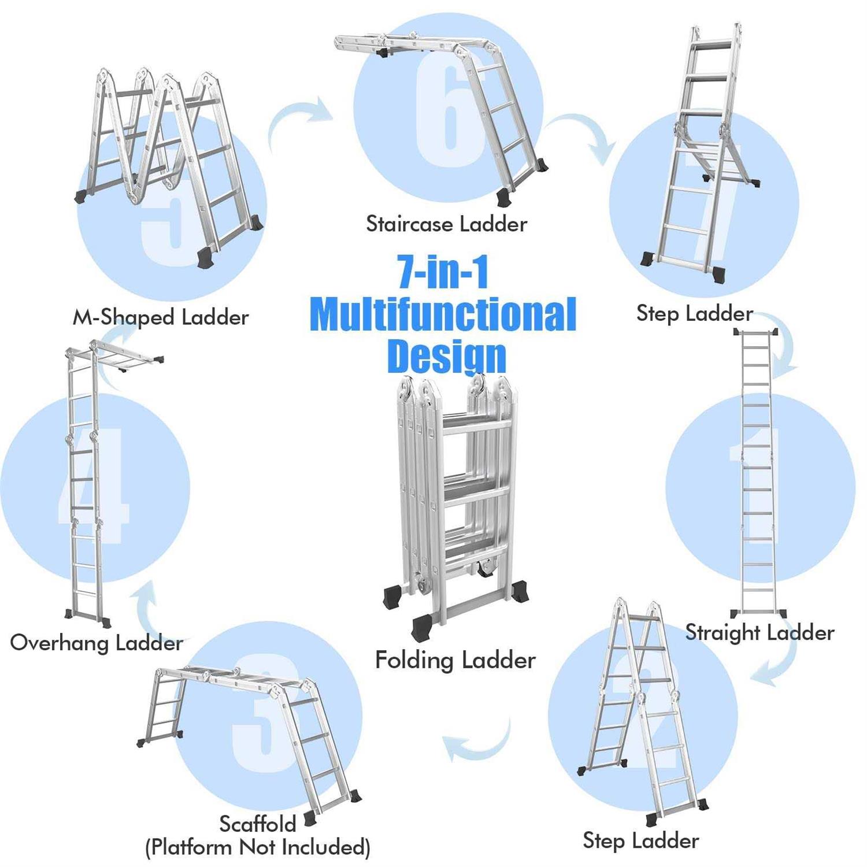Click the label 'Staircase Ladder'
tap(446, 224)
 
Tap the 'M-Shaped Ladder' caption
tap(161, 317)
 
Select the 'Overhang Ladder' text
tap(97, 643)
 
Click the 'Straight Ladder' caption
tap(759, 632)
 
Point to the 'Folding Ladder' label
tap(455, 659)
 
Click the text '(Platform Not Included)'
tap(257, 847)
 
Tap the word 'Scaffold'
tap(258, 823)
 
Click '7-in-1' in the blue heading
tap(443, 272)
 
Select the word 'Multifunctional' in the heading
tap(443, 315)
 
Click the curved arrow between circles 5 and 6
tap(301, 118)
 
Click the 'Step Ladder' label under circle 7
tap(694, 313)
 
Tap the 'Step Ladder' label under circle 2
tap(640, 840)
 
